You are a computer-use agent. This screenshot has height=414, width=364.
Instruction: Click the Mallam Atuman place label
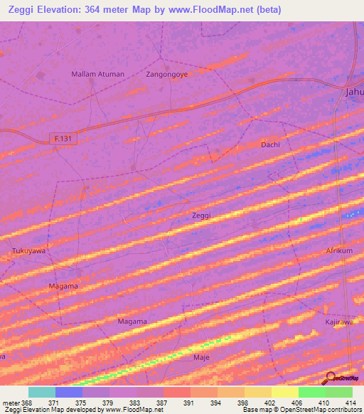pyautogui.click(x=98, y=74)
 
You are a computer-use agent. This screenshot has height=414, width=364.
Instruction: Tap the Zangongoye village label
pyautogui.click(x=166, y=74)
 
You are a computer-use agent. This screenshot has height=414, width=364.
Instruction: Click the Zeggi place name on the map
pyautogui.click(x=202, y=214)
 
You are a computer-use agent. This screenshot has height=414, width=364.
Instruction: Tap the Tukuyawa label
pyautogui.click(x=29, y=251)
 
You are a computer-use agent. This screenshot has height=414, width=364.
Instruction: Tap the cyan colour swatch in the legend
pyautogui.click(x=42, y=392)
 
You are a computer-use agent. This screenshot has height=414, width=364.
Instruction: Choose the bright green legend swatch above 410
pyautogui.click(x=312, y=392)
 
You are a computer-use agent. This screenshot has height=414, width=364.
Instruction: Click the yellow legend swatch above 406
pyautogui.click(x=285, y=392)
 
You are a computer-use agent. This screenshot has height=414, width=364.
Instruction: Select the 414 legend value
pyautogui.click(x=350, y=403)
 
